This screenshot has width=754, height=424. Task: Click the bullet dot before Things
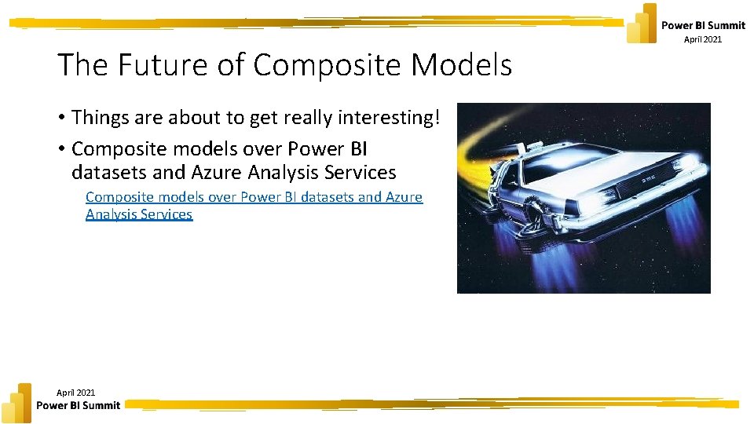60,119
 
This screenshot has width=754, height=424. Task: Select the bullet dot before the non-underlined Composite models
60,149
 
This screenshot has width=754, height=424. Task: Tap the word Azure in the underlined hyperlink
403,197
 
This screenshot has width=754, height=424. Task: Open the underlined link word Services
165,214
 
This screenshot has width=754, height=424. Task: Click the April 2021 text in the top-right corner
702,40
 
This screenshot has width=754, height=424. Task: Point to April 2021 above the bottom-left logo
76,392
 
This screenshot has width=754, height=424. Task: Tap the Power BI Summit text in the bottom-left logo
79,406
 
